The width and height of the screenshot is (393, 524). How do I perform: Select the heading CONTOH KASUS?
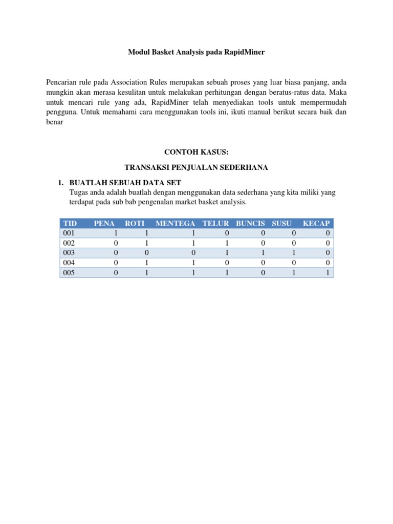196,152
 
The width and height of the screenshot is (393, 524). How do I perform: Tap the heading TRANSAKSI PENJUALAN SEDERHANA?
196,167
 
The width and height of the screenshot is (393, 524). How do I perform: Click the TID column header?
68,223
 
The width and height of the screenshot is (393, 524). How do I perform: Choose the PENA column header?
104,223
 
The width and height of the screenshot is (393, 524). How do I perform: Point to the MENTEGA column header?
176,223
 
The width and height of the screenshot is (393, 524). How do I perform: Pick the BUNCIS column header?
250,223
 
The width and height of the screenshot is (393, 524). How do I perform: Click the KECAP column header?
316,223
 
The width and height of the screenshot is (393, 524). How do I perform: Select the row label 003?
69,253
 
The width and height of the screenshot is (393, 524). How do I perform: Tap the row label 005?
69,273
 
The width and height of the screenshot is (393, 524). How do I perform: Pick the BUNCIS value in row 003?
263,253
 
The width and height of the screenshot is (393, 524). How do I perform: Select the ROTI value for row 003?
147,253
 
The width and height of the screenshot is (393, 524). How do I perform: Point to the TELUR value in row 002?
227,243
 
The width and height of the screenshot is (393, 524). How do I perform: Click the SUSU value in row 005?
294,273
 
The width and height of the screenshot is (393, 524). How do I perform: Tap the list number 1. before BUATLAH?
60,183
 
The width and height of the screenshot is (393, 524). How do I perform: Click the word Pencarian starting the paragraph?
61,82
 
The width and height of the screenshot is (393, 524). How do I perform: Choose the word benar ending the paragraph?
55,123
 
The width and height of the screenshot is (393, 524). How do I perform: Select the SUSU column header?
282,223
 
